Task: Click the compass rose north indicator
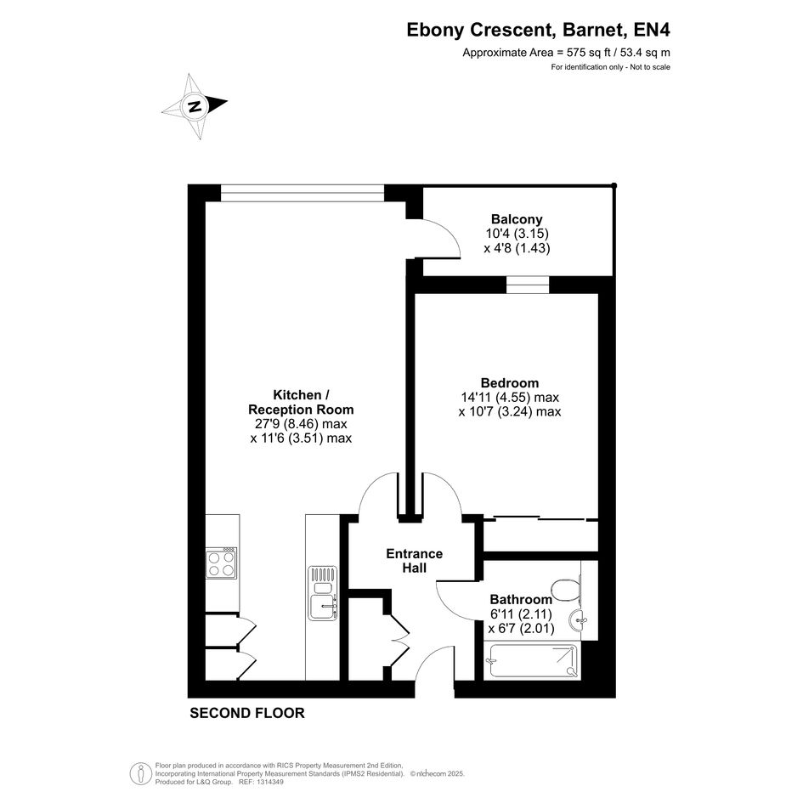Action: (195, 106)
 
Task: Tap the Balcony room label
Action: (517, 219)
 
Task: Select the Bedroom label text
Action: (510, 383)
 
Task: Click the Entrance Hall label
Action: (415, 561)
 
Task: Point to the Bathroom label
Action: (521, 599)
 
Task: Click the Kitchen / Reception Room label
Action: (301, 402)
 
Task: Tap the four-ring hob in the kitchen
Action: (221, 563)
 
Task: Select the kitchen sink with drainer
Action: (323, 593)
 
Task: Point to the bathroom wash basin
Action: (578, 620)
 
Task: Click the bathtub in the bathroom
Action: (533, 661)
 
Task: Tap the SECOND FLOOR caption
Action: (246, 713)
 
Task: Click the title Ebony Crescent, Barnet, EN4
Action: (538, 30)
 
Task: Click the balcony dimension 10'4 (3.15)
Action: (517, 234)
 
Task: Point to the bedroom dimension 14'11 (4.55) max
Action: (510, 397)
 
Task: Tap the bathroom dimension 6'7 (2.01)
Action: (522, 628)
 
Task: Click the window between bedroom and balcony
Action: (528, 285)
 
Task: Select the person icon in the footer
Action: (140, 774)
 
